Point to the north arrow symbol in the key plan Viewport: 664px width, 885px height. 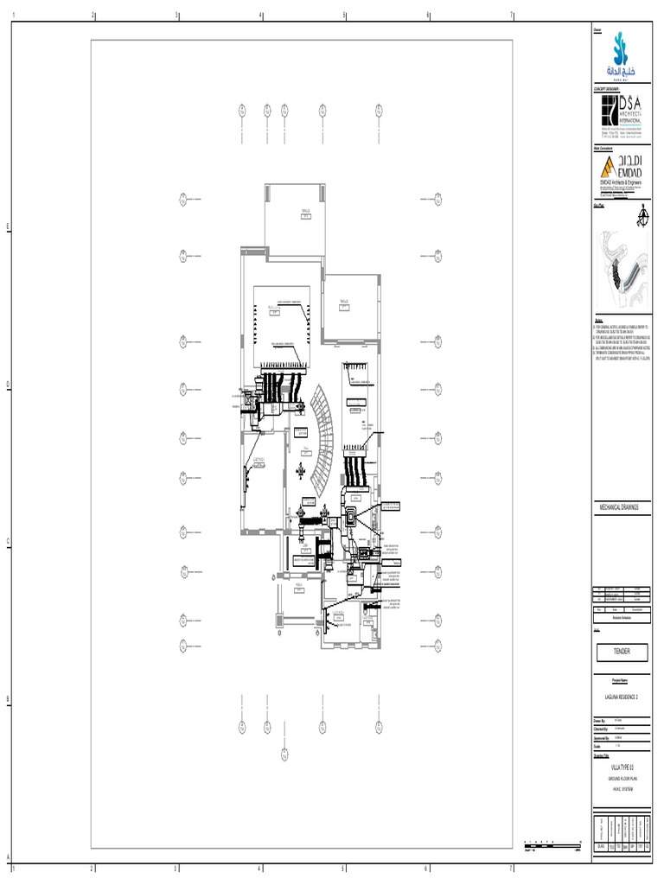pyautogui.click(x=642, y=213)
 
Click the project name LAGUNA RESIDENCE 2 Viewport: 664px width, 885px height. pyautogui.click(x=621, y=696)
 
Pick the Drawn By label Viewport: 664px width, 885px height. pyautogui.click(x=600, y=719)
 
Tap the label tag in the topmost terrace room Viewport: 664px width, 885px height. pyautogui.click(x=306, y=216)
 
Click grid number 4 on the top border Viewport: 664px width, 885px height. pyautogui.click(x=260, y=16)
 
